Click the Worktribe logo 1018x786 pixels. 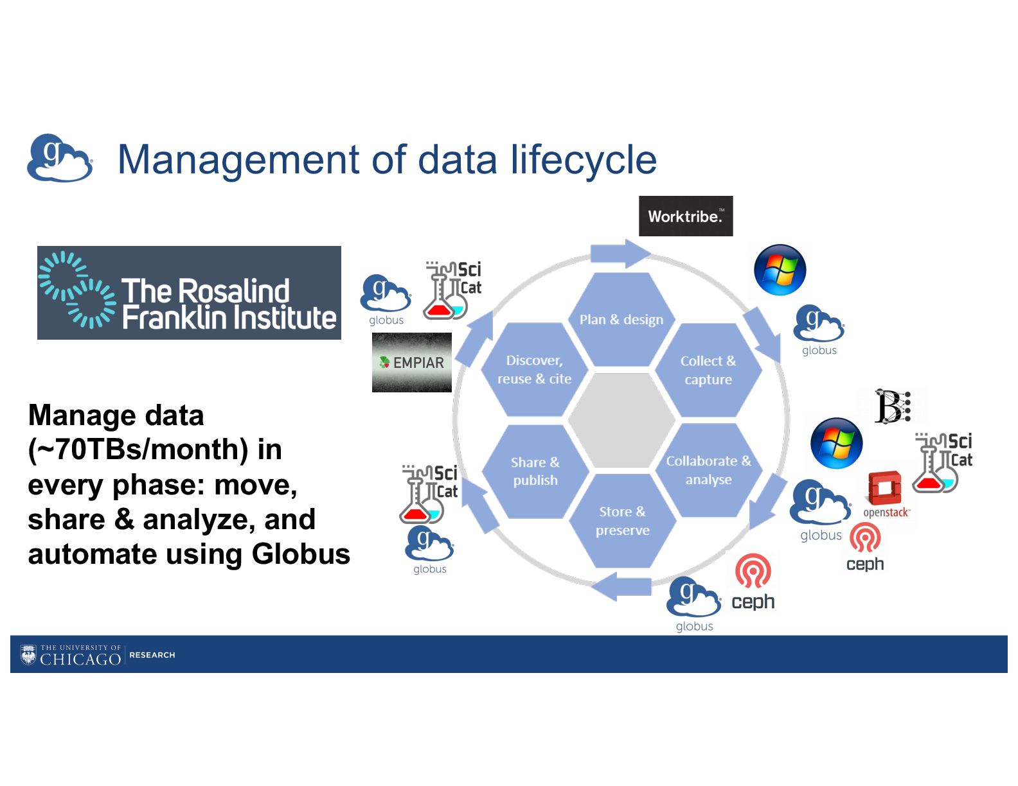point(685,216)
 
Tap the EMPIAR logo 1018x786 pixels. point(412,362)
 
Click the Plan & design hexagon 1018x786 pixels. point(621,319)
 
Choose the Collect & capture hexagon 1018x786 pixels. point(708,370)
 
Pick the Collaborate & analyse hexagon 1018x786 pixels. point(708,470)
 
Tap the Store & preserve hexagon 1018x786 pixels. point(622,521)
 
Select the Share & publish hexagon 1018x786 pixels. point(535,471)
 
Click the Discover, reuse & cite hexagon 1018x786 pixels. point(534,369)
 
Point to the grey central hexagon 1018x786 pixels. point(621,420)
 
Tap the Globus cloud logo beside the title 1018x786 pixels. point(59,158)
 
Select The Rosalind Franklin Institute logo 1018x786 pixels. point(189,293)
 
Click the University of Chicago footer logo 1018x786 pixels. point(71,655)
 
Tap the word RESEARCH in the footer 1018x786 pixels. point(152,655)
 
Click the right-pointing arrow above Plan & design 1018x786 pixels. point(620,254)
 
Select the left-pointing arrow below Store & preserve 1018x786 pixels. point(621,586)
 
